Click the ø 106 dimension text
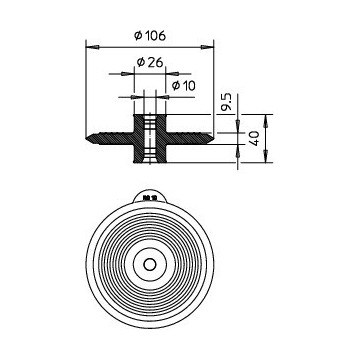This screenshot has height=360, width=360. [150, 35]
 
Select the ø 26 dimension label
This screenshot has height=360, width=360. [150, 62]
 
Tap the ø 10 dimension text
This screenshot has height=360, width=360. [183, 86]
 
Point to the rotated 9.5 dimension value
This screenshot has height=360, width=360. [228, 103]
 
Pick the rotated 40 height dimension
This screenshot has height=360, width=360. [254, 138]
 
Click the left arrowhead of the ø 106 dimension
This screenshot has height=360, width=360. [92, 48]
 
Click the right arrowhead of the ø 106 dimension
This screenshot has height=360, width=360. [207, 48]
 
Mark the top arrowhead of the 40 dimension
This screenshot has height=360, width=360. [266, 121]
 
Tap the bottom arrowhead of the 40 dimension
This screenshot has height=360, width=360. [266, 156]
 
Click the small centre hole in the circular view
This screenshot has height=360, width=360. [150, 264]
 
